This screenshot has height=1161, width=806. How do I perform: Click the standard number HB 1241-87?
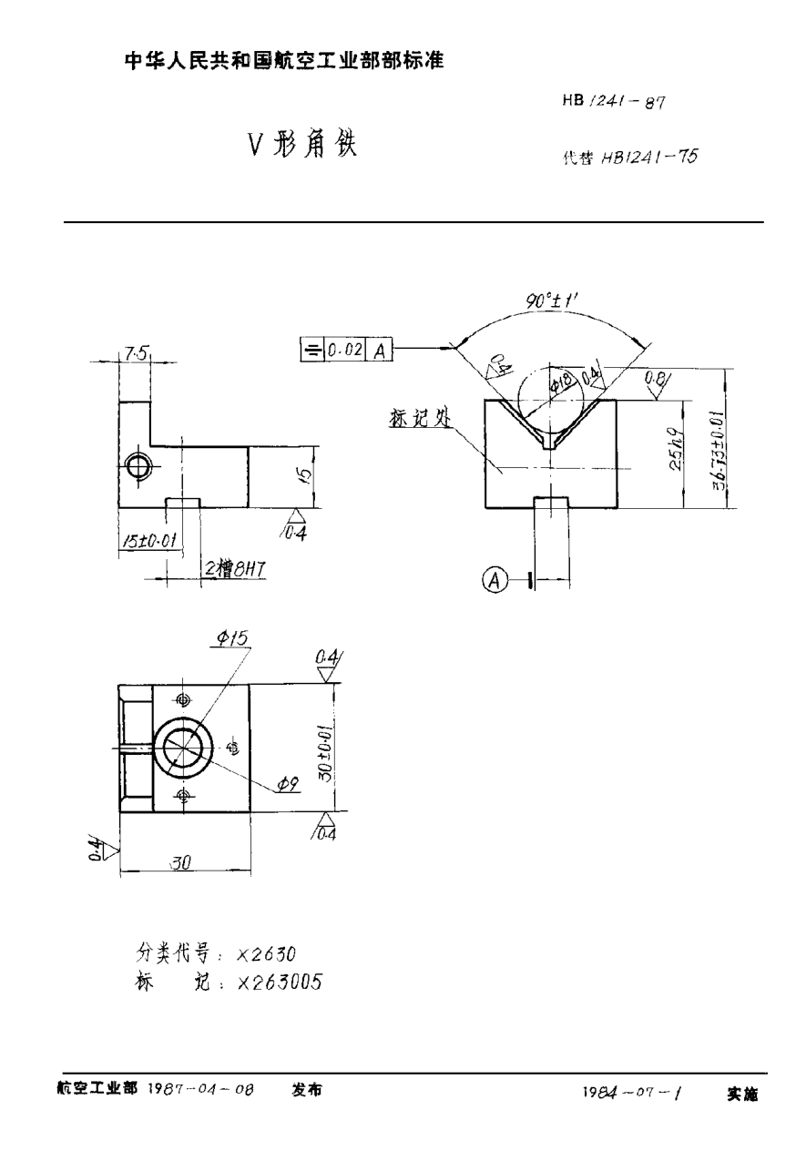pyautogui.click(x=615, y=103)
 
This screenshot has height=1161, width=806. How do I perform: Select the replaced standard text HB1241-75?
pyautogui.click(x=649, y=157)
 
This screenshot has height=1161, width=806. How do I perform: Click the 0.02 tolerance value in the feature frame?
pyautogui.click(x=347, y=349)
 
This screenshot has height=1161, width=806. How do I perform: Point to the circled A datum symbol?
pyautogui.click(x=495, y=579)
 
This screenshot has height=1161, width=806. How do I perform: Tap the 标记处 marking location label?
pyautogui.click(x=418, y=418)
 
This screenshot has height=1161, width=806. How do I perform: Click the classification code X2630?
pyautogui.click(x=266, y=953)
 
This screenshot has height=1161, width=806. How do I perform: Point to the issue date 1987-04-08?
pyautogui.click(x=201, y=1089)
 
